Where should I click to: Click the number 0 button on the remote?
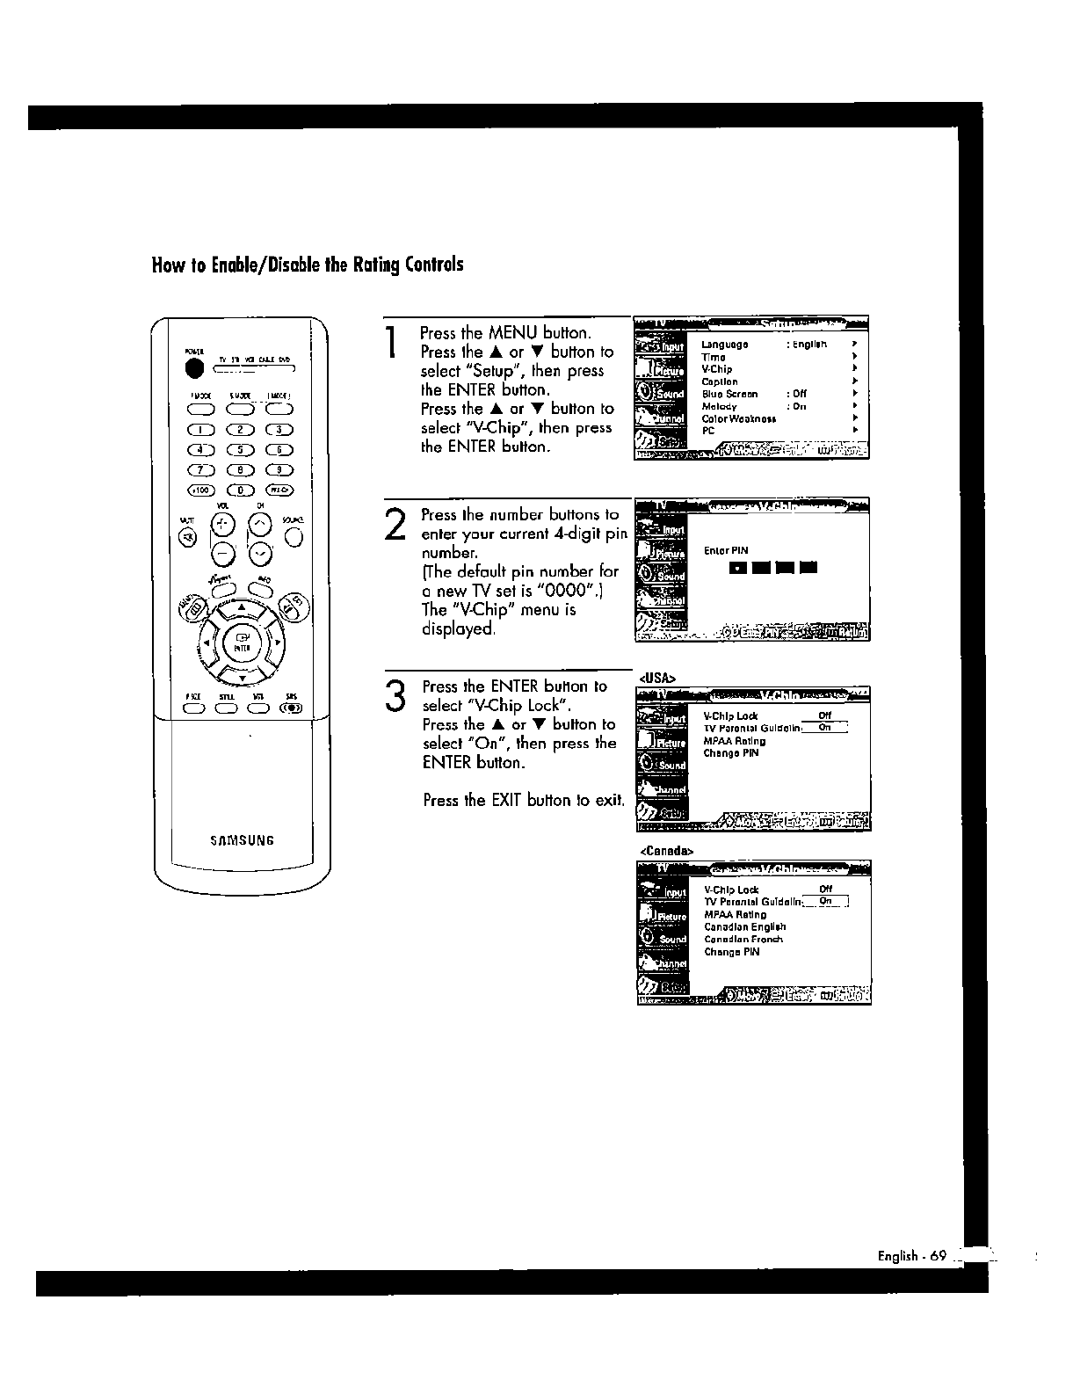(241, 490)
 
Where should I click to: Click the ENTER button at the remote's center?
(241, 643)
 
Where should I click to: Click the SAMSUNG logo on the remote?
(243, 839)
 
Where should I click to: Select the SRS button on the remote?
(291, 708)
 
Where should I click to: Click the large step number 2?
(395, 525)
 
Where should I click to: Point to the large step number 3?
(396, 694)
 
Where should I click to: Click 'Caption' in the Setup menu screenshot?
(720, 382)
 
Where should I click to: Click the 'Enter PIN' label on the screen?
(726, 551)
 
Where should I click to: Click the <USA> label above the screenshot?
(656, 678)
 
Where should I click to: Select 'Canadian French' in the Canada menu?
(743, 940)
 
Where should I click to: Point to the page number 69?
(938, 1256)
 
